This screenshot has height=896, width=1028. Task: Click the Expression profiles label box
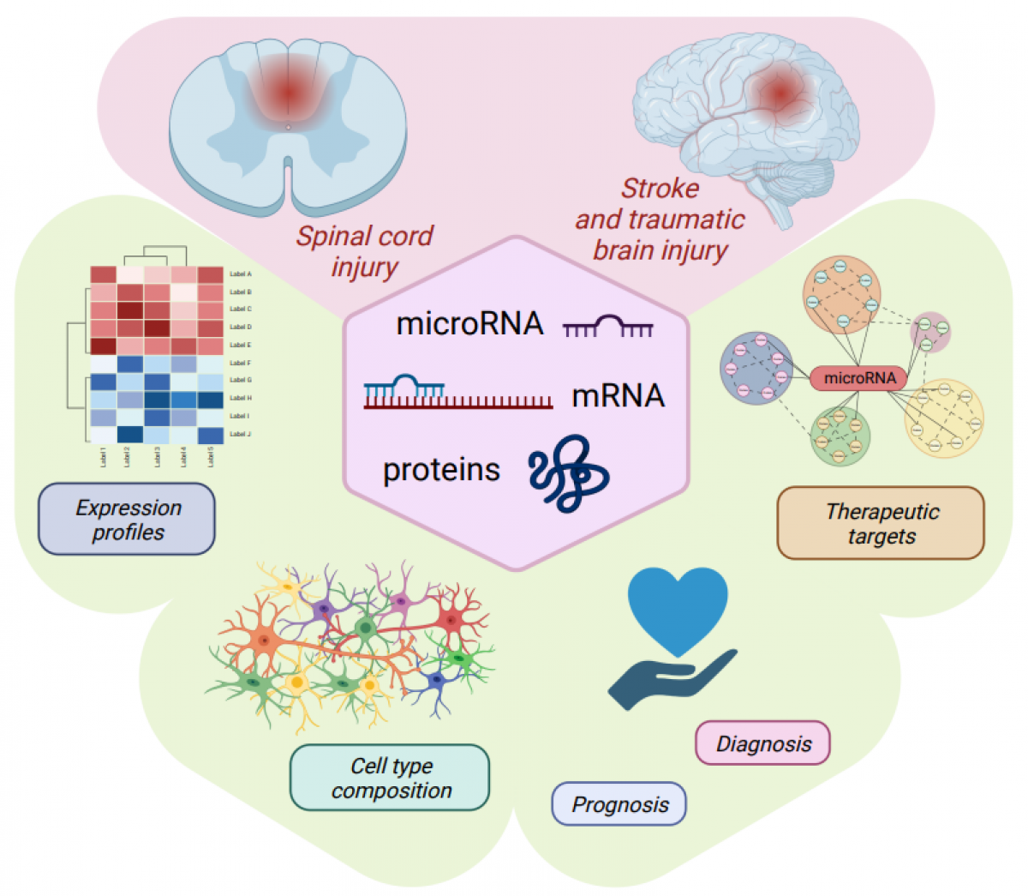pos(127,520)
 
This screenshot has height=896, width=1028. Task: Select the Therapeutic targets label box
pos(881,524)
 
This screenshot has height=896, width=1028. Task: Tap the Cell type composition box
pos(390,778)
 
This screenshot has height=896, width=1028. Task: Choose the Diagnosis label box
pos(762,743)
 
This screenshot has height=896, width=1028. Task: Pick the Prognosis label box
pos(619,804)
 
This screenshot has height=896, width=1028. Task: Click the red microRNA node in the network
pos(858,377)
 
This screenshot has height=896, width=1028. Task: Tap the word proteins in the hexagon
pos(441,470)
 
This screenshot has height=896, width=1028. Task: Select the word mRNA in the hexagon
pos(618,395)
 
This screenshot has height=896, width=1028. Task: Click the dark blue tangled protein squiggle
pos(568,472)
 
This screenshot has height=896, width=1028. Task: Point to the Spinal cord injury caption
pos(364,250)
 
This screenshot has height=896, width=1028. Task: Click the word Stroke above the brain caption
pos(660,188)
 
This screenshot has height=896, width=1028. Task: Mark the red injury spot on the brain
pos(778,93)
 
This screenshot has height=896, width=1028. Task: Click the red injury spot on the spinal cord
pos(288,91)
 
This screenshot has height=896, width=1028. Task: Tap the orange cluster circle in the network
pos(841,296)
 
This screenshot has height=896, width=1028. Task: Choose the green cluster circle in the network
pos(840,436)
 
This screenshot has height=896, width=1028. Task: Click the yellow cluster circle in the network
pos(945,418)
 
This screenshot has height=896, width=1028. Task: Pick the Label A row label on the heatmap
pos(241,274)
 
